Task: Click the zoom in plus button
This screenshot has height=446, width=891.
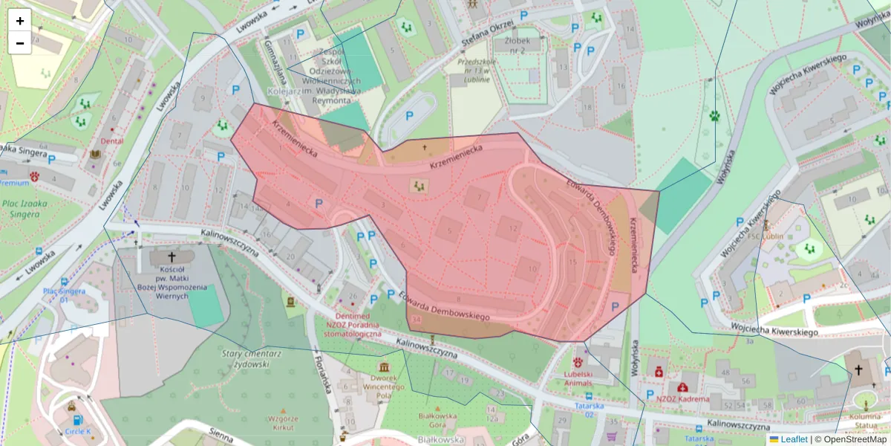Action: pyautogui.click(x=20, y=21)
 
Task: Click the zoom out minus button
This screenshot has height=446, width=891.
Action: pyautogui.click(x=20, y=43)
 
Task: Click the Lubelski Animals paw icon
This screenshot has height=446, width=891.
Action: pyautogui.click(x=577, y=362)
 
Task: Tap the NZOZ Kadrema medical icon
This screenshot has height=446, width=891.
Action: pyautogui.click(x=682, y=387)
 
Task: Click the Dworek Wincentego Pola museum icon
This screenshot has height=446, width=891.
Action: pyautogui.click(x=384, y=368)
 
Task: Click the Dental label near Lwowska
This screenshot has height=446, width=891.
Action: pyautogui.click(x=111, y=140)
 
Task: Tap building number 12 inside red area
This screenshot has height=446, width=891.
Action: pyautogui.click(x=513, y=228)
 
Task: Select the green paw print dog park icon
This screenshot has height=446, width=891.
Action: pyautogui.click(x=714, y=115)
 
